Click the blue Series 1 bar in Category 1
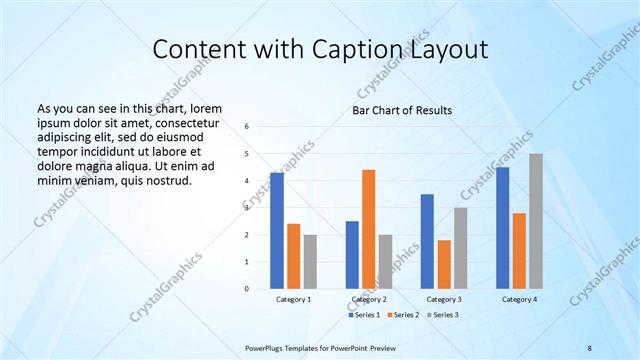[277, 231]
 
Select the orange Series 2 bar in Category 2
[368, 229]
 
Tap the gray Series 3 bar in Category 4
[536, 221]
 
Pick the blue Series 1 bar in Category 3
[427, 241]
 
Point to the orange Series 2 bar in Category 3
[444, 264]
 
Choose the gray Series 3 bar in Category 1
[310, 262]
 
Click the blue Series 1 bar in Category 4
[502, 228]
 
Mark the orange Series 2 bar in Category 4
[519, 251]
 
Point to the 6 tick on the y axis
[247, 127]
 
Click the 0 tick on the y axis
[247, 289]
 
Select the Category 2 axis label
[369, 299]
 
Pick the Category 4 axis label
[519, 299]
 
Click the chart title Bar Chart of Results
[402, 110]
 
